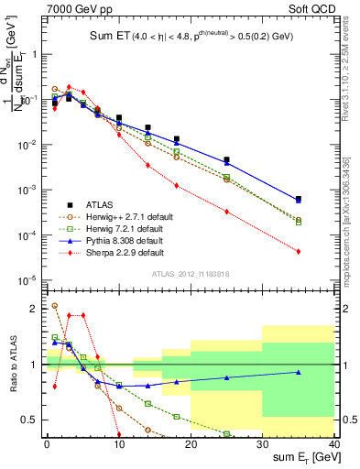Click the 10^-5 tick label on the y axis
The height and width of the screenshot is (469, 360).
pos(27,280)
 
